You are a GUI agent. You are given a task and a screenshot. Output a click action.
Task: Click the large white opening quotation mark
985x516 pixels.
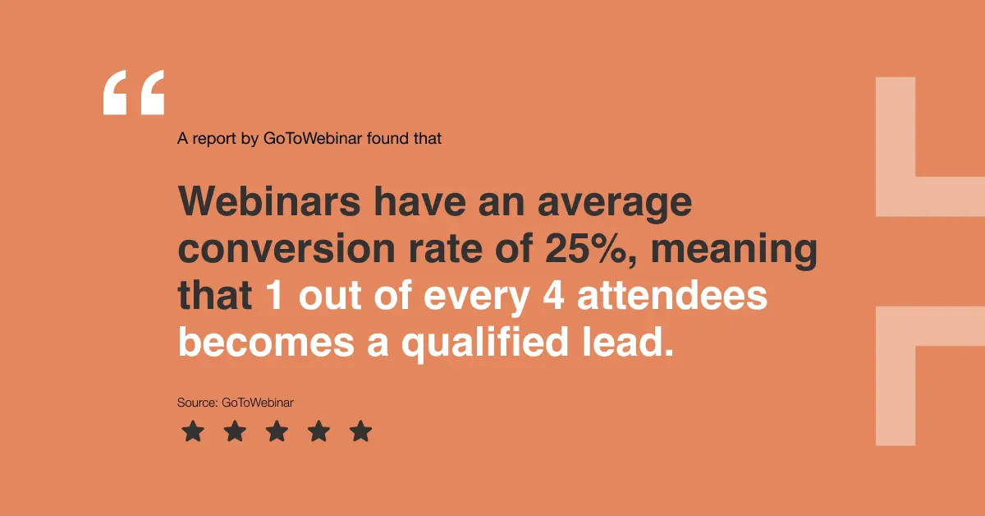click(134, 92)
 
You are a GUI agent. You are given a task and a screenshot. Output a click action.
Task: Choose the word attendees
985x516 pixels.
click(672, 296)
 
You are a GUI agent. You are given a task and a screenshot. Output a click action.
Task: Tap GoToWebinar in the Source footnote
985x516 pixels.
click(258, 403)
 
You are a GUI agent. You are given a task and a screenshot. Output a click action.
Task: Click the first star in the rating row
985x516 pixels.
click(192, 431)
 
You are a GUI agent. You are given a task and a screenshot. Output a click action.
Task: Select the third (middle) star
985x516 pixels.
click(277, 431)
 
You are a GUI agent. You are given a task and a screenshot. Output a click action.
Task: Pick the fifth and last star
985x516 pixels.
click(361, 431)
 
